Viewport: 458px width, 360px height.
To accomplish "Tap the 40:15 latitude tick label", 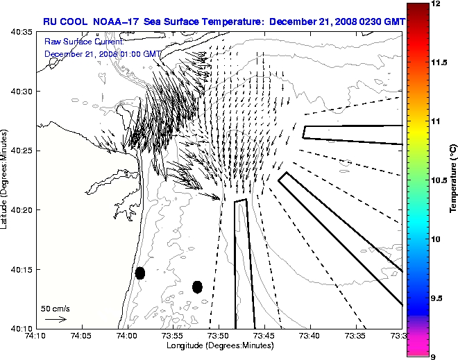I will (x=24, y=269).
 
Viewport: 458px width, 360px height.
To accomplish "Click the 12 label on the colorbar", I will (x=436, y=4).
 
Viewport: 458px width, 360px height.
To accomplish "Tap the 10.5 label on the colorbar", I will (x=439, y=180).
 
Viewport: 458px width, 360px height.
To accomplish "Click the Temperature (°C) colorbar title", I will (x=453, y=179).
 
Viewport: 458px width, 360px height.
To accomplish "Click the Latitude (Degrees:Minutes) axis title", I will (x=6, y=180).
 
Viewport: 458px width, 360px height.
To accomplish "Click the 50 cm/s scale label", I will (x=56, y=309).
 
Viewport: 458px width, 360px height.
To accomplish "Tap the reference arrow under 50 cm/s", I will (x=56, y=319).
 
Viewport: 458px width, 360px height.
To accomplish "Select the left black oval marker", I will (x=140, y=273).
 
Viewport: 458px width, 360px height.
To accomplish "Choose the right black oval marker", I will (x=197, y=286).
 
